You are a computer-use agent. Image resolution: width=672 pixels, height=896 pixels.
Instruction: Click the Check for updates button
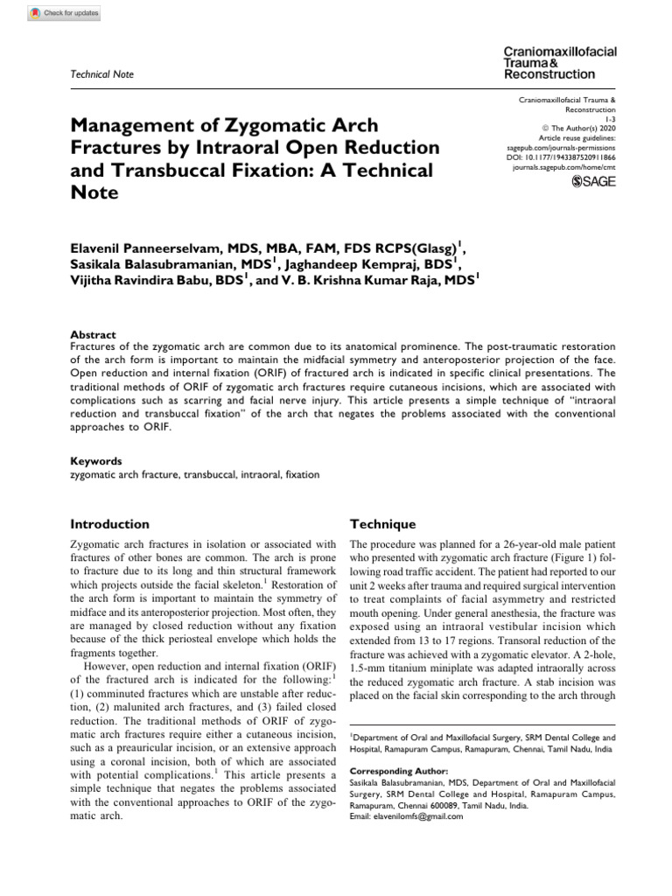tap(64, 13)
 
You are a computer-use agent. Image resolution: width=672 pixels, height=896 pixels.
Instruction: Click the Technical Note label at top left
tap(101, 74)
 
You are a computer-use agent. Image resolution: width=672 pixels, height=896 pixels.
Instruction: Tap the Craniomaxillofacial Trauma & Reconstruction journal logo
tap(560, 63)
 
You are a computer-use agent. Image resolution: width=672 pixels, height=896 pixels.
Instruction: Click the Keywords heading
tap(95, 461)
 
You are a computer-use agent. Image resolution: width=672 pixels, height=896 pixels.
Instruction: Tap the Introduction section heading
tap(109, 524)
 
